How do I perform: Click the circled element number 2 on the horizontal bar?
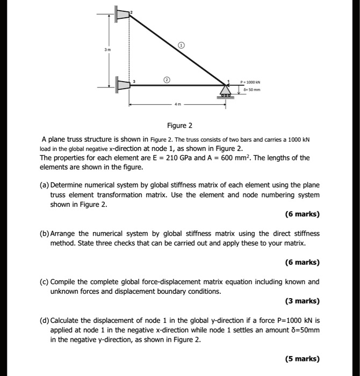pyautogui.click(x=167, y=79)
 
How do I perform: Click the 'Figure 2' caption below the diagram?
pyautogui.click(x=179, y=126)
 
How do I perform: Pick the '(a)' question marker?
pyautogui.click(x=45, y=184)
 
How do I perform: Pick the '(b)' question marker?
pyautogui.click(x=45, y=234)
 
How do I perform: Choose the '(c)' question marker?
pyautogui.click(x=45, y=281)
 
